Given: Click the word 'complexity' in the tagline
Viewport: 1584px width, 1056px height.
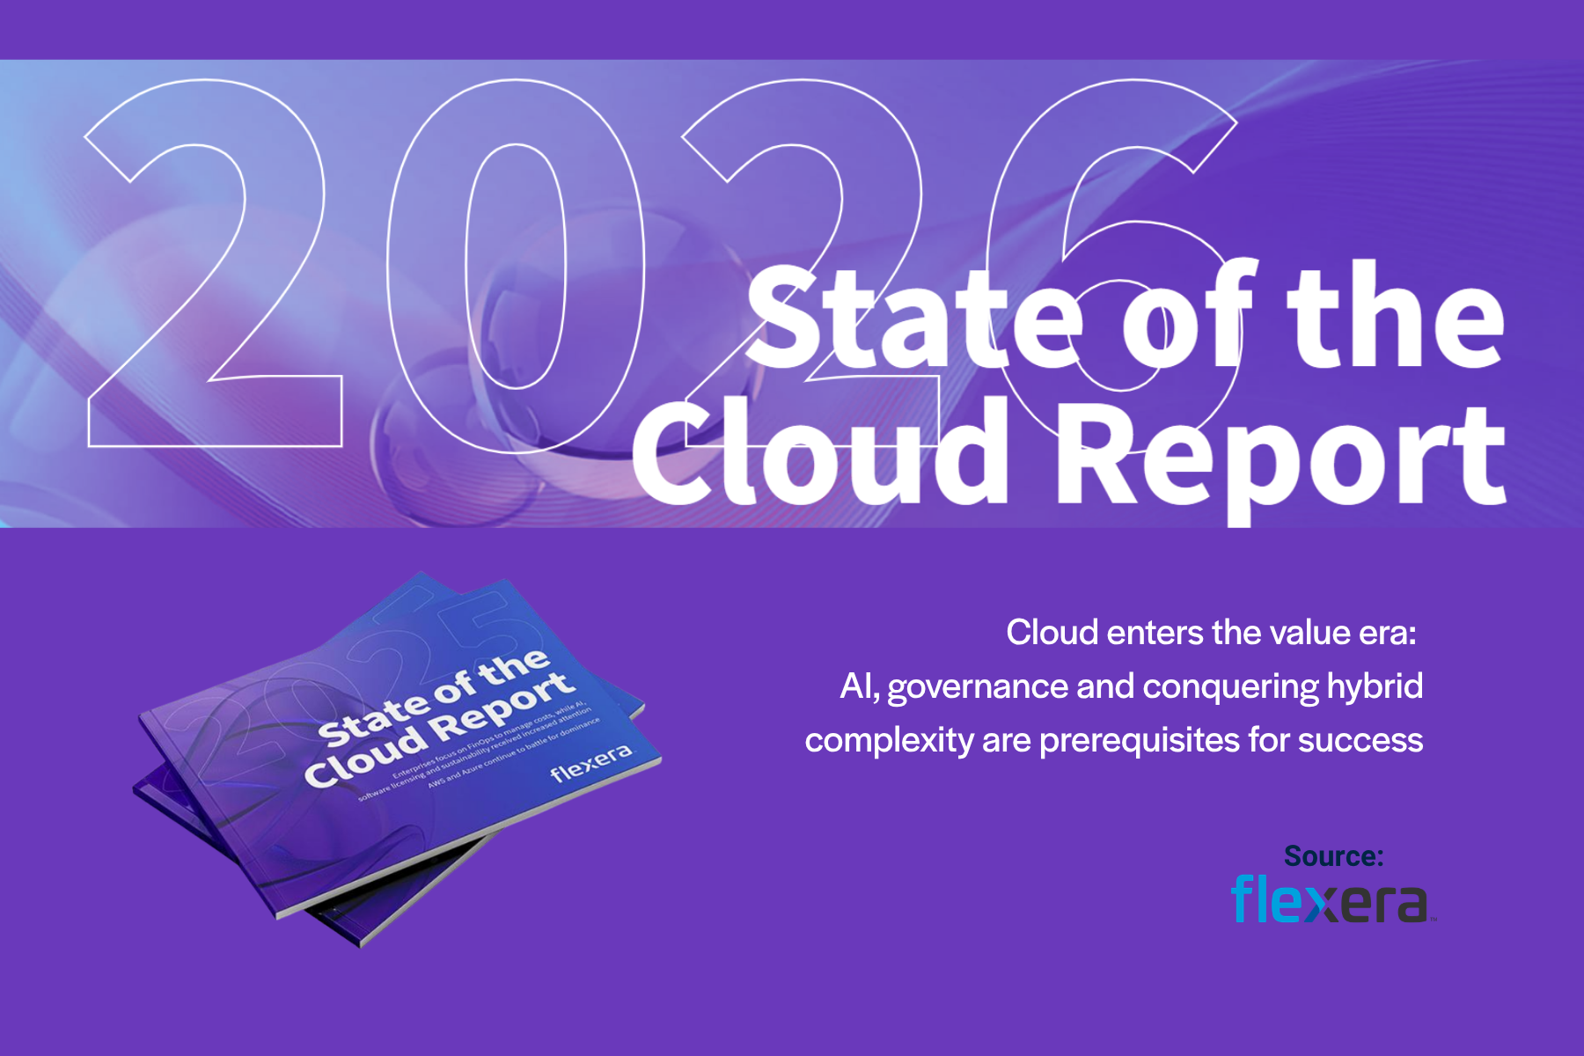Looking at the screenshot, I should click(889, 741).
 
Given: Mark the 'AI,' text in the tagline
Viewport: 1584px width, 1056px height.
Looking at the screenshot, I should click(860, 687).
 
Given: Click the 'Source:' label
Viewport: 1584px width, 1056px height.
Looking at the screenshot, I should click(1333, 856).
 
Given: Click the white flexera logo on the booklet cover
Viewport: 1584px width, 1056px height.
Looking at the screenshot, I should click(590, 763).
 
